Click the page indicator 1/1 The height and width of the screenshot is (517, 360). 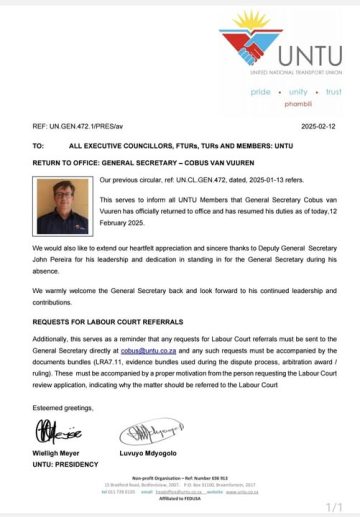[335, 507]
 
